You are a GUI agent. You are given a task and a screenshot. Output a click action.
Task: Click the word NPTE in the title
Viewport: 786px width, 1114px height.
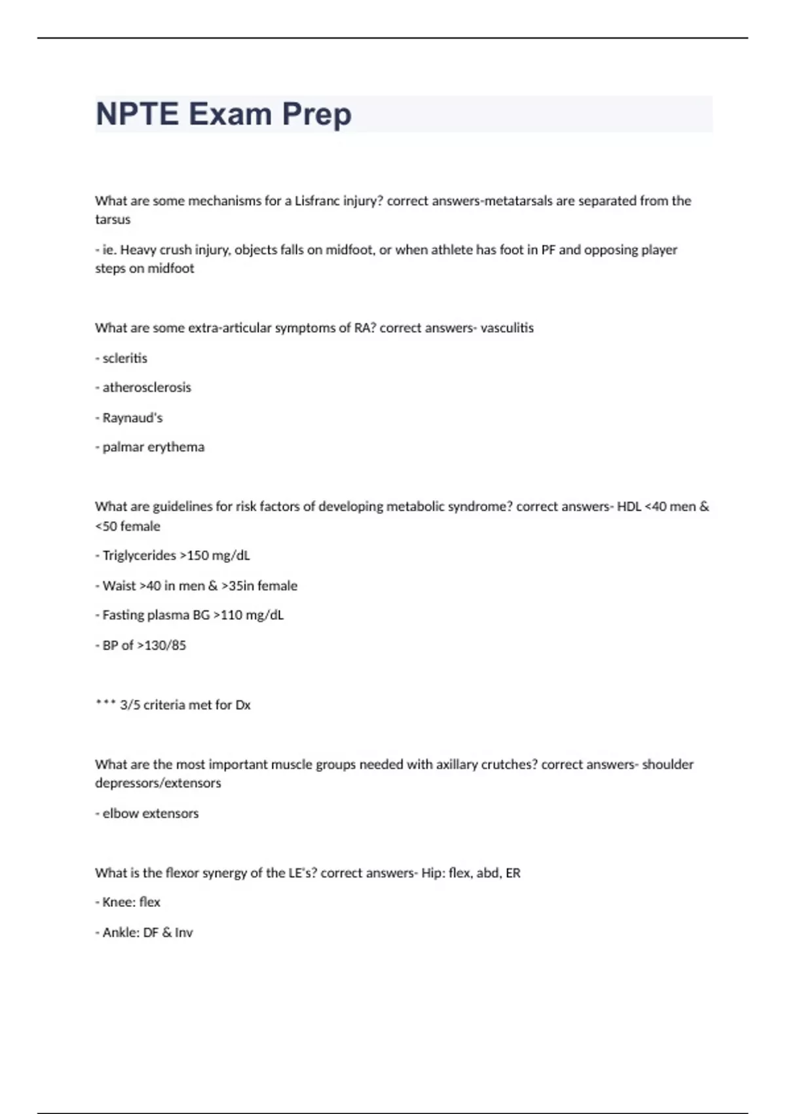[x=137, y=114]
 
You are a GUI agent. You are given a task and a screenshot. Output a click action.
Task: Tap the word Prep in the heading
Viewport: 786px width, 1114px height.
[x=317, y=114]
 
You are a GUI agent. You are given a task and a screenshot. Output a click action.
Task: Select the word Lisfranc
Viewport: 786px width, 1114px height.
[x=317, y=201]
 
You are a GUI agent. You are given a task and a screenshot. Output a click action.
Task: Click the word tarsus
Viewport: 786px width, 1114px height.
[x=113, y=220]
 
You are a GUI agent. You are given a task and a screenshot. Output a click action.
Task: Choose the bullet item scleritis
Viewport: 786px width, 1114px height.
[x=124, y=358]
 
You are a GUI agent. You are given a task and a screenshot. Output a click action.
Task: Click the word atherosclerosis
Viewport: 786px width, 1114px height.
[x=147, y=387]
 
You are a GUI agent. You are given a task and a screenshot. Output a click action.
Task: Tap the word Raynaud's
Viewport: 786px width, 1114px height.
[x=132, y=417]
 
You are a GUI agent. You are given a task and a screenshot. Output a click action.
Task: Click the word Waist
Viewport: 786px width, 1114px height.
[x=119, y=586]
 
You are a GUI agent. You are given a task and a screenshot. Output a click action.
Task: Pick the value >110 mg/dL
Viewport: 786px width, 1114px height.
[x=249, y=615]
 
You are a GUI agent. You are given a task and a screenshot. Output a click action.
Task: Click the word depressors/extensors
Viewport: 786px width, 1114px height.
[x=158, y=783]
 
